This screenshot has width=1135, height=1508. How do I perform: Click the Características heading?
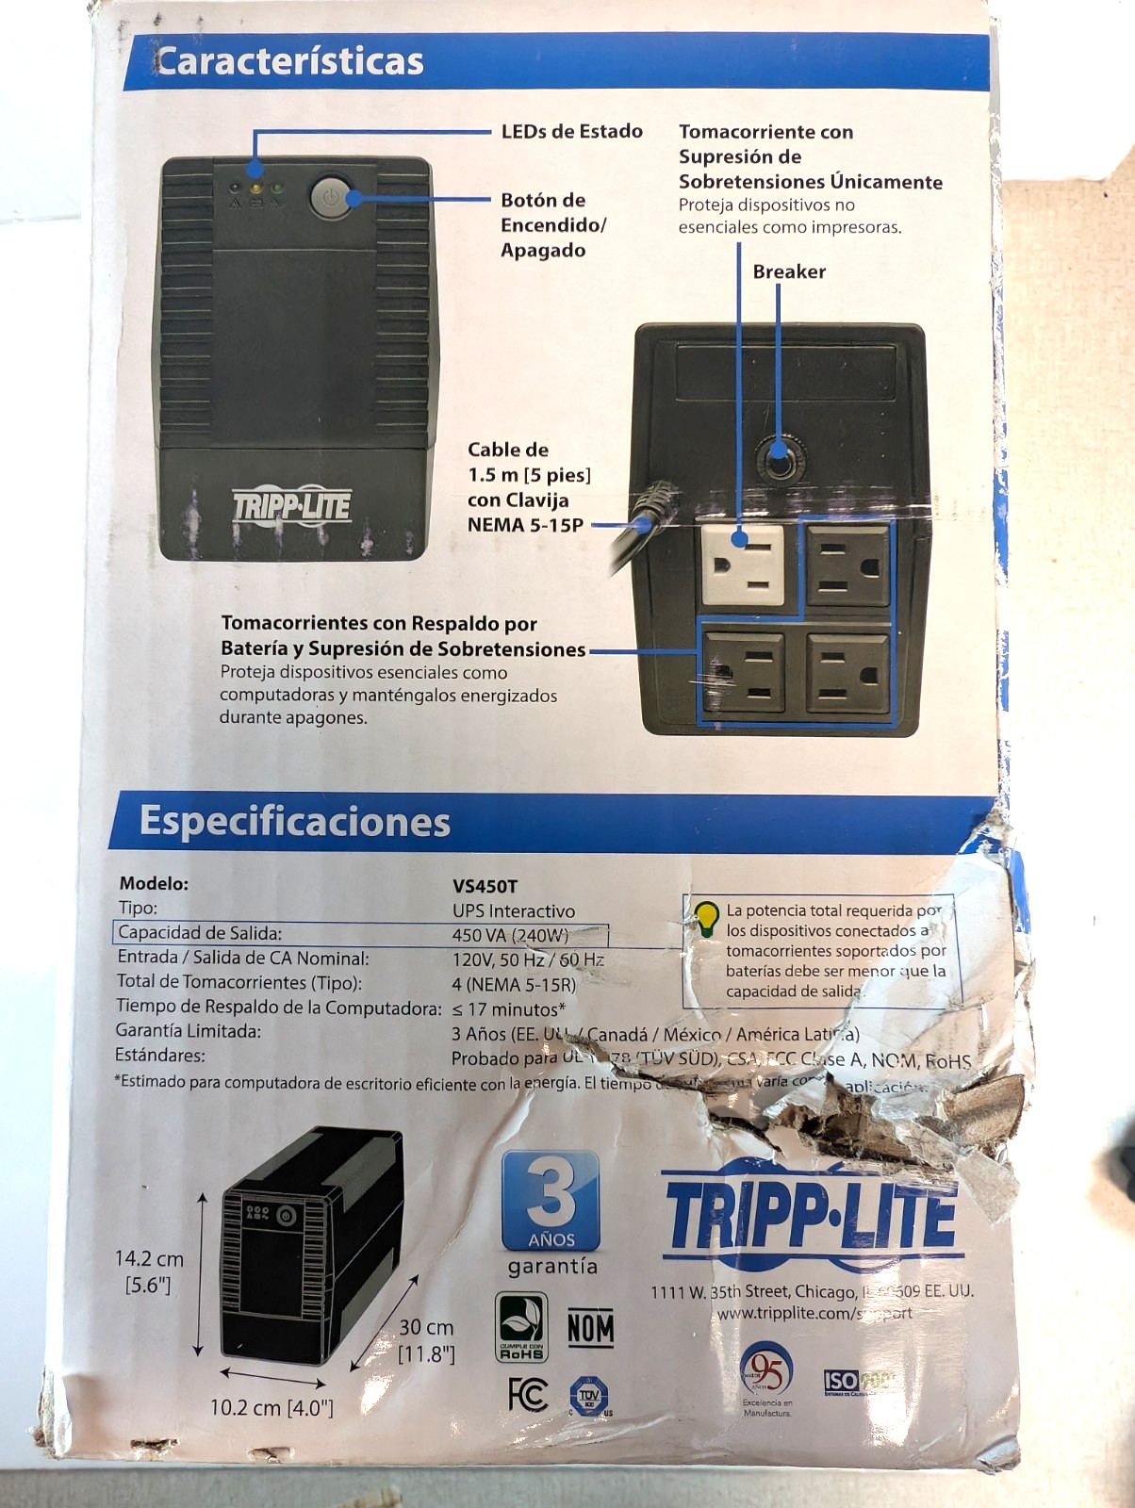coord(289,61)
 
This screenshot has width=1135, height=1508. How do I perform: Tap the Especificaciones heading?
coord(294,821)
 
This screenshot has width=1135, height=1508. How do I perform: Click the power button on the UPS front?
coord(330,197)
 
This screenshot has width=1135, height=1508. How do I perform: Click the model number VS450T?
coord(485,886)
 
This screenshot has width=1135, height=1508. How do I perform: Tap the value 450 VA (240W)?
coord(510,935)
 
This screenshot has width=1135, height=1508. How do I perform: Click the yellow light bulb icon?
coord(706,917)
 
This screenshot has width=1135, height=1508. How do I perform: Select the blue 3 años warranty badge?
coord(551,1200)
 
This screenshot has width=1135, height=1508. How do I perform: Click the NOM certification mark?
coord(591,1328)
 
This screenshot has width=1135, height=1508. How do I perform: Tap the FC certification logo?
coord(528,1394)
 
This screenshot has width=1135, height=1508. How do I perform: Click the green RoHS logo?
coord(521,1327)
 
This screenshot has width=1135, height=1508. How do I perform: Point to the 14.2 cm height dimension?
coord(149,1270)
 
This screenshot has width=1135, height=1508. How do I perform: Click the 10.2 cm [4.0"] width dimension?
coord(271,1407)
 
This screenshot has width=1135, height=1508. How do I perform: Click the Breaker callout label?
coord(789,271)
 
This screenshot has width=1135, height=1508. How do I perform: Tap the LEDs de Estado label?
coord(571,131)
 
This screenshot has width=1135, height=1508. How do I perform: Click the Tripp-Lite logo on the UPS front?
coord(292,506)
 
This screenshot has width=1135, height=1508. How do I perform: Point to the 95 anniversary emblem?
coord(765,1372)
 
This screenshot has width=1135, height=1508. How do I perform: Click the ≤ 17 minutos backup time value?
coord(509,1008)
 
